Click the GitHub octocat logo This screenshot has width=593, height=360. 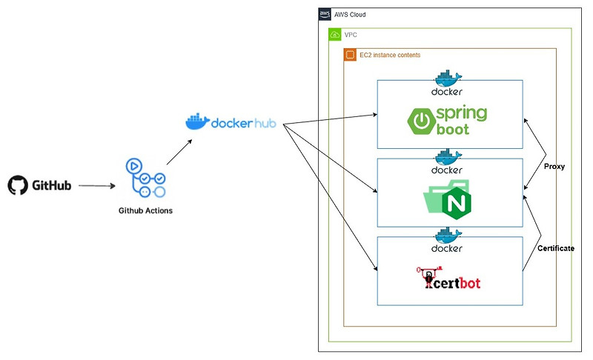click(x=17, y=185)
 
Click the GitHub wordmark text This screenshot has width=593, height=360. click(x=51, y=186)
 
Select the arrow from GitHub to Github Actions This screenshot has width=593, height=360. click(x=96, y=186)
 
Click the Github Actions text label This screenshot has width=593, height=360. click(x=146, y=210)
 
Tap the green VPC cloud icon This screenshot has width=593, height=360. click(x=335, y=35)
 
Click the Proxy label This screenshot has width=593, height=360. click(x=554, y=167)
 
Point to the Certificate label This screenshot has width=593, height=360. click(x=555, y=248)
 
